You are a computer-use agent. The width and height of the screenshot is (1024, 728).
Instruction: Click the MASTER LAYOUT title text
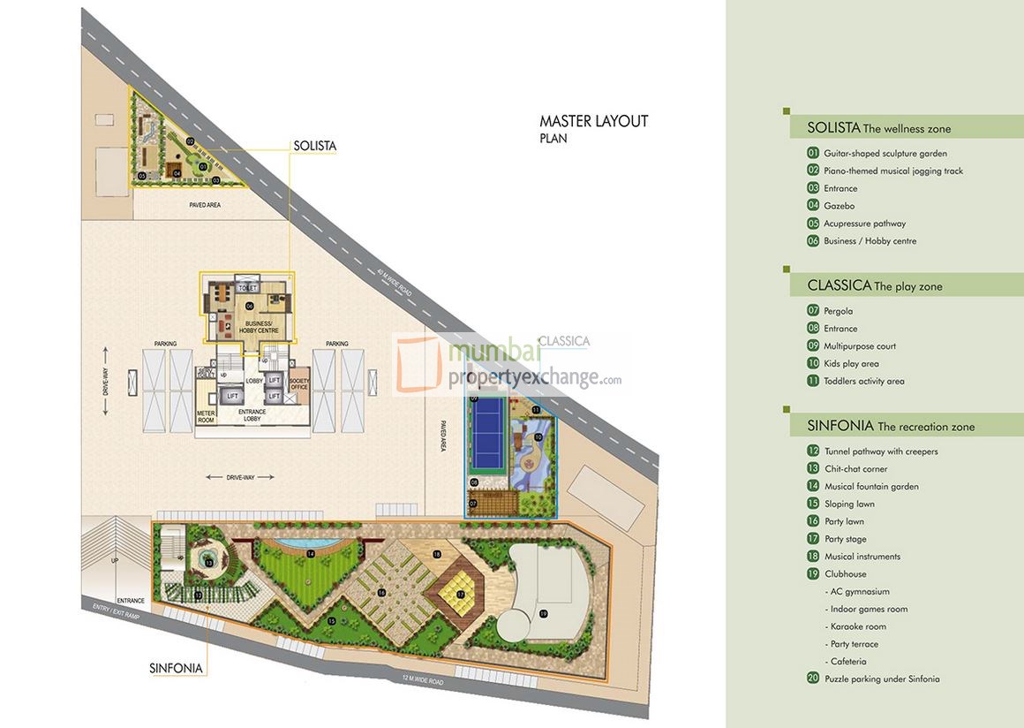point(593,122)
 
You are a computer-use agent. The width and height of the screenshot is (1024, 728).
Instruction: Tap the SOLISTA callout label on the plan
point(315,146)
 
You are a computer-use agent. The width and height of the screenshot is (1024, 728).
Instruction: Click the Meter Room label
point(206,417)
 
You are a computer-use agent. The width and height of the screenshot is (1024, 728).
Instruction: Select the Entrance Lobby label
point(252,415)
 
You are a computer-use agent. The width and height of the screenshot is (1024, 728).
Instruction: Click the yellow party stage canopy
point(460,594)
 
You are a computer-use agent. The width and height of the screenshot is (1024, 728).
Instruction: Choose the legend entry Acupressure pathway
point(864,224)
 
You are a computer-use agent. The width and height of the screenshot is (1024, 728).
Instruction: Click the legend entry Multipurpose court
point(859,346)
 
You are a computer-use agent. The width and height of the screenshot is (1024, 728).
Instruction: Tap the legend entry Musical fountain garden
point(871,487)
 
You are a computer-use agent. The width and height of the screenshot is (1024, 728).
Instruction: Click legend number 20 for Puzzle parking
point(813,679)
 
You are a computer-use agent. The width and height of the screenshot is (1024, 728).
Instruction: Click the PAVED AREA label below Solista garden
point(205,205)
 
